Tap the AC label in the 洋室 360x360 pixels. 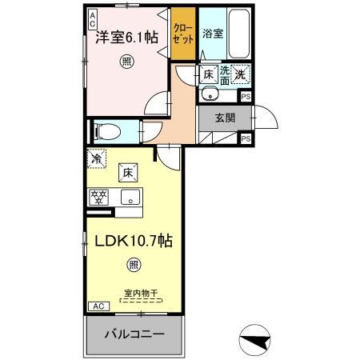[93, 17]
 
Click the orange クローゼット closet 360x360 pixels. [183, 33]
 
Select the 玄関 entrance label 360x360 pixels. [226, 118]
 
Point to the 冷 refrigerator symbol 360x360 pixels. [96, 159]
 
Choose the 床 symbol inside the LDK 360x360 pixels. [128, 170]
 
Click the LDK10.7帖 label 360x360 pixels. [133, 240]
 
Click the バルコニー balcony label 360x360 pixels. [134, 335]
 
